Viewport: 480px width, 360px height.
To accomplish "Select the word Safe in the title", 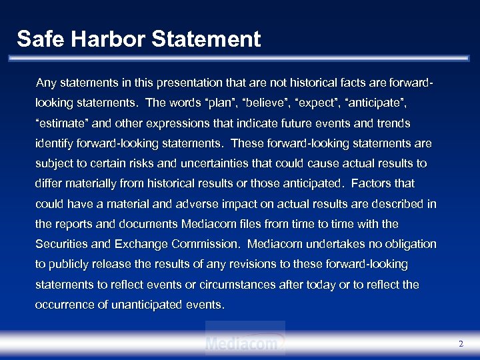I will pyautogui.click(x=37, y=39).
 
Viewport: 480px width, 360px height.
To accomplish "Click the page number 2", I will pyautogui.click(x=461, y=344).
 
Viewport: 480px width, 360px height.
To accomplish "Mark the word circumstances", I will pyautogui.click(x=243, y=285).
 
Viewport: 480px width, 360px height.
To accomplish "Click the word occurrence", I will pyautogui.click(x=64, y=305).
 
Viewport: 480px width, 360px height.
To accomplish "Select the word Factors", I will pyautogui.click(x=371, y=183).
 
